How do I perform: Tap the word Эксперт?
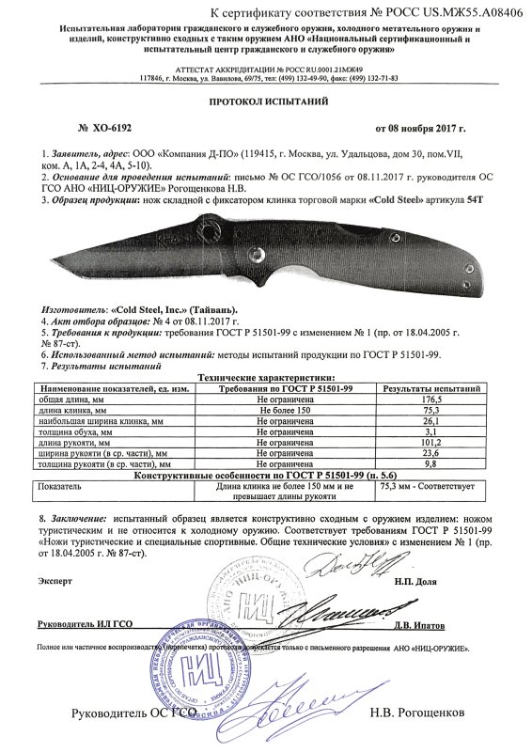click(55, 583)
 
